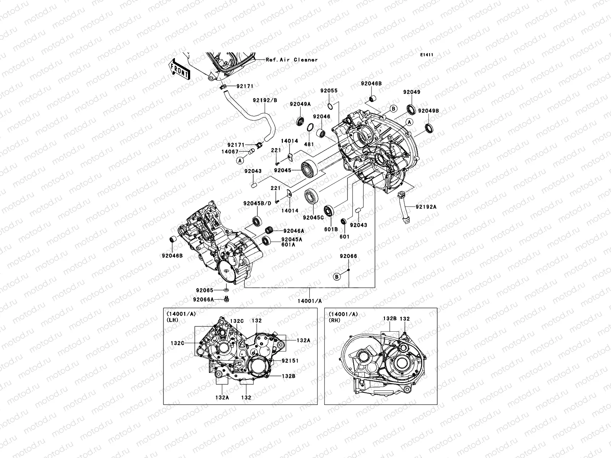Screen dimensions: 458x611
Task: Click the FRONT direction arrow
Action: (179, 69)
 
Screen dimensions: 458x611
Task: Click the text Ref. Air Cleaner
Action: (292, 60)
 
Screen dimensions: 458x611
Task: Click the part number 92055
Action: (329, 91)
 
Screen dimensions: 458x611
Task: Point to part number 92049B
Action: (428, 111)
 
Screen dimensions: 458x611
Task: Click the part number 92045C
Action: (313, 218)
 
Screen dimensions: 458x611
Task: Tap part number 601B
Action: (331, 229)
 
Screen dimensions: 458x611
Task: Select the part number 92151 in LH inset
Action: (290, 361)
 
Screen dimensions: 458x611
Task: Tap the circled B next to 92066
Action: (337, 276)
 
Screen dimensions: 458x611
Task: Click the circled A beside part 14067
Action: (240, 161)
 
